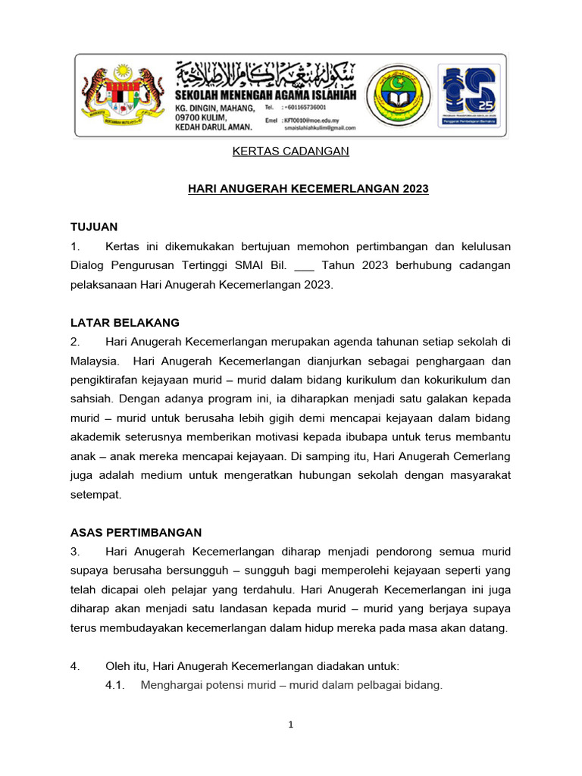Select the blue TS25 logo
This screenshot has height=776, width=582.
(x=468, y=95)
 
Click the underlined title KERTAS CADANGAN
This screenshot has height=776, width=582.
(x=290, y=152)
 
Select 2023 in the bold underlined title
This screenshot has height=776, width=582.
(x=412, y=189)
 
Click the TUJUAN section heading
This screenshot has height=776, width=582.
(x=94, y=227)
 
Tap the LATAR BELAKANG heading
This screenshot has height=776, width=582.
(x=125, y=322)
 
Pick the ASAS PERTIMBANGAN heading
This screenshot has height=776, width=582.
(x=136, y=532)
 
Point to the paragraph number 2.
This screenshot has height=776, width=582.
(x=75, y=342)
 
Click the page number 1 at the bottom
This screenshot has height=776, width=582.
(x=291, y=725)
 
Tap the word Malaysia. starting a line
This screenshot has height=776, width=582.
(x=95, y=361)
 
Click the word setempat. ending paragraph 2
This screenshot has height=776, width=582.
(x=95, y=494)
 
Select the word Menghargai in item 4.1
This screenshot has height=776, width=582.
(x=169, y=686)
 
